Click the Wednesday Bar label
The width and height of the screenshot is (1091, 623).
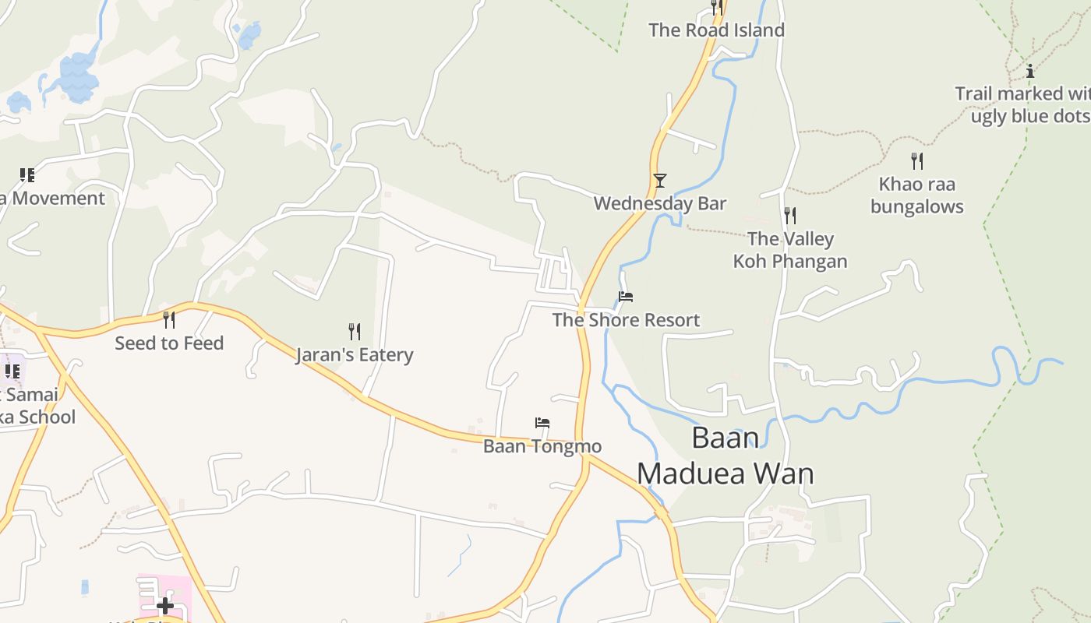(x=659, y=203)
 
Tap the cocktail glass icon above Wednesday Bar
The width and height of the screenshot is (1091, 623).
(x=660, y=181)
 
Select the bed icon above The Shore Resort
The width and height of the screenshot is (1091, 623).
(x=626, y=297)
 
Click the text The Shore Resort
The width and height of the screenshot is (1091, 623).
(x=626, y=320)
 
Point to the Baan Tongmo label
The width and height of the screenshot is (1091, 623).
(x=542, y=446)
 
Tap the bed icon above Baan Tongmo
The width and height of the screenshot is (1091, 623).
(x=542, y=424)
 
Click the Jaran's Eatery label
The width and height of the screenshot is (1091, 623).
(x=355, y=355)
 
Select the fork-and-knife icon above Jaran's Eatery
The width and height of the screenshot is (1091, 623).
(x=355, y=332)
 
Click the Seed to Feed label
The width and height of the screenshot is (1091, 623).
(x=169, y=343)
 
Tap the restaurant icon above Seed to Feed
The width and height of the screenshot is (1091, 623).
(x=169, y=319)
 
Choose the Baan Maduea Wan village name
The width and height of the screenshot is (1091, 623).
(x=726, y=456)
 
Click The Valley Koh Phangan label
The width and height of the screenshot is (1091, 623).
(x=790, y=250)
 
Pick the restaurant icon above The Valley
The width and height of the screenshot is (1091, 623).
(x=790, y=215)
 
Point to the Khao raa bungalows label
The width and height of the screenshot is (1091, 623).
(x=917, y=195)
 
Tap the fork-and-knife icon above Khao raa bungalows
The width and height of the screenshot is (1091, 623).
(x=917, y=161)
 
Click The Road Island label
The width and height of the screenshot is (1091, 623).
(x=716, y=30)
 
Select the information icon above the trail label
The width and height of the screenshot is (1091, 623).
(x=1030, y=71)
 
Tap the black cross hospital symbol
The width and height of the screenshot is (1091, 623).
(x=165, y=605)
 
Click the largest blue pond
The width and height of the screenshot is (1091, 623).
(x=78, y=78)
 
